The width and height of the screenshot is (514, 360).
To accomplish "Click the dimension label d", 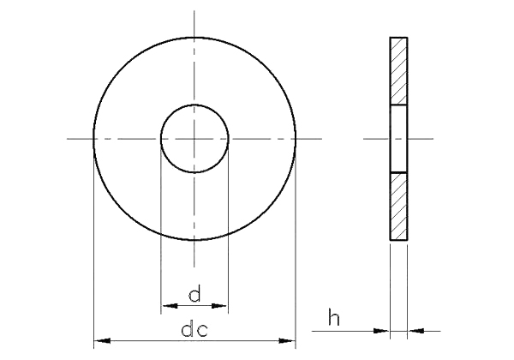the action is click(x=194, y=293).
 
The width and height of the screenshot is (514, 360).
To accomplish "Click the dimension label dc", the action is click(x=194, y=329).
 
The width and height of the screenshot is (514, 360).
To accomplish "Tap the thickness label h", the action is click(x=334, y=317).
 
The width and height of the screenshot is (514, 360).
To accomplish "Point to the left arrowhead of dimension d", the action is click(x=170, y=306).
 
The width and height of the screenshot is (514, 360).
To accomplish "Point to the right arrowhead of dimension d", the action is click(x=219, y=306).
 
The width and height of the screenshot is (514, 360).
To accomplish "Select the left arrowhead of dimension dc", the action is click(x=102, y=341).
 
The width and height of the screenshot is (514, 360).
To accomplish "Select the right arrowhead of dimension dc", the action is click(x=287, y=341).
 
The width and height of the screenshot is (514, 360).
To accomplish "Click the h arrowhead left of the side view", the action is click(x=381, y=331).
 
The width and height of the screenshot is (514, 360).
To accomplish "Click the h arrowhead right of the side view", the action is click(x=416, y=331).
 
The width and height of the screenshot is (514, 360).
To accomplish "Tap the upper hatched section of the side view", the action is click(x=398, y=71).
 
